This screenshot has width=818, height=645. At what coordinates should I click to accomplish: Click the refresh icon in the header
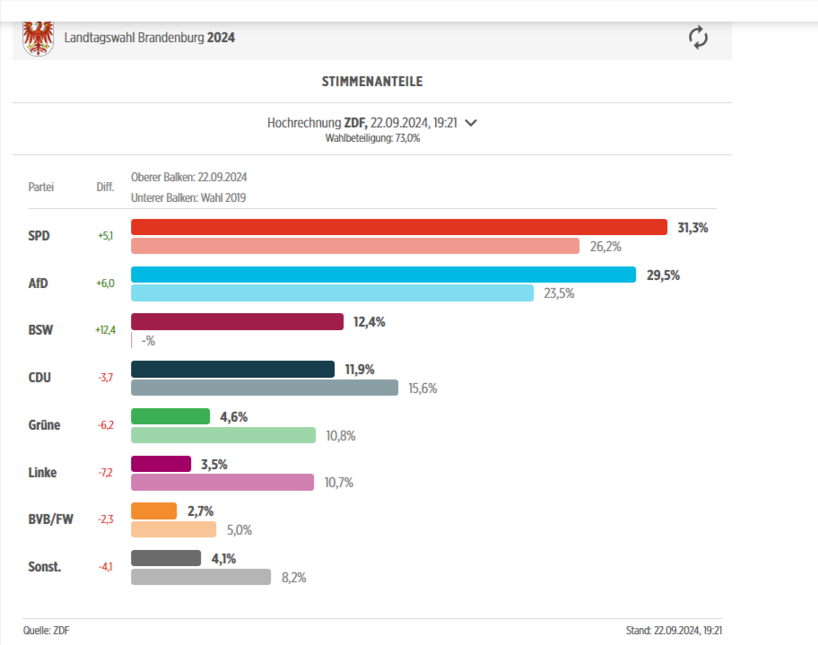698,38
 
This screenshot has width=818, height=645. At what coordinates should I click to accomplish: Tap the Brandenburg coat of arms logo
37,39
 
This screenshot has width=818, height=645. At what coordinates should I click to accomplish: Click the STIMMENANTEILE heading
372,82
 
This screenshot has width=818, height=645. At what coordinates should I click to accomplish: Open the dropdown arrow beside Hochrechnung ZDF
471,123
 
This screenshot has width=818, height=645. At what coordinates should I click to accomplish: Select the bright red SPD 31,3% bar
399,227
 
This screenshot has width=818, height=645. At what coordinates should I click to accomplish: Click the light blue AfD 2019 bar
333,292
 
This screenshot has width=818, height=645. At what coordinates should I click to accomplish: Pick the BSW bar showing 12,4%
237,321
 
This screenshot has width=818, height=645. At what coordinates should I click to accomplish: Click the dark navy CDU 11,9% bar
232,369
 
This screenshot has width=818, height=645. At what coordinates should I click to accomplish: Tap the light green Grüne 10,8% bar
223,435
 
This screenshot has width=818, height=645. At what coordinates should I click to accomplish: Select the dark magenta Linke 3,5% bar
161,464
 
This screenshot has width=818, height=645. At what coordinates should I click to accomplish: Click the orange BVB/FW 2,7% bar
154,511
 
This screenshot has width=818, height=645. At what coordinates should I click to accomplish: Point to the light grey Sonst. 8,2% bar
201,577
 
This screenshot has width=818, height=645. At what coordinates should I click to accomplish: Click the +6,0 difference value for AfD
106,283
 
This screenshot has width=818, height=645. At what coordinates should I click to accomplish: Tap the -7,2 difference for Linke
105,473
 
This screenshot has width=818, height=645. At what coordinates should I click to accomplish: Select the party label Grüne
44,425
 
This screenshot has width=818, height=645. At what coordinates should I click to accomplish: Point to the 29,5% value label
663,275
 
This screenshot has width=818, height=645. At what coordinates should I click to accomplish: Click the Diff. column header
106,187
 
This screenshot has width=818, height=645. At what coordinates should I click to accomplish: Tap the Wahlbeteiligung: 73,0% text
372,138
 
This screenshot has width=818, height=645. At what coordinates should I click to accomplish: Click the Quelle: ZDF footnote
46,631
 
